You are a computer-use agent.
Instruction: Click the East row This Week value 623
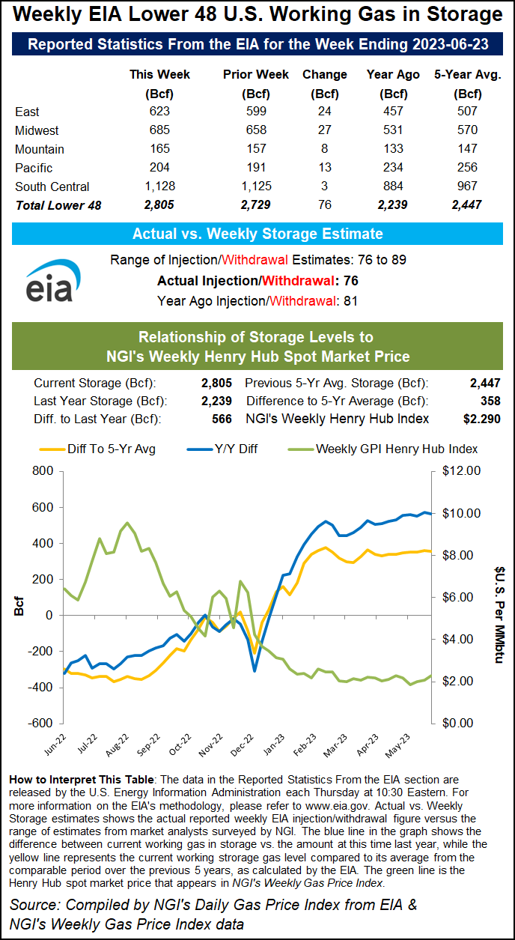(x=159, y=112)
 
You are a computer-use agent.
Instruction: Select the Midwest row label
(x=37, y=130)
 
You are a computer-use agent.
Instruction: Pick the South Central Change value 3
(x=324, y=187)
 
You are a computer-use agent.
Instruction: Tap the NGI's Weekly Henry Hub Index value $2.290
(x=481, y=419)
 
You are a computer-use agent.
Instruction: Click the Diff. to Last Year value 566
(x=222, y=419)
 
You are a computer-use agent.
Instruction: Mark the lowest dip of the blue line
(x=255, y=670)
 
